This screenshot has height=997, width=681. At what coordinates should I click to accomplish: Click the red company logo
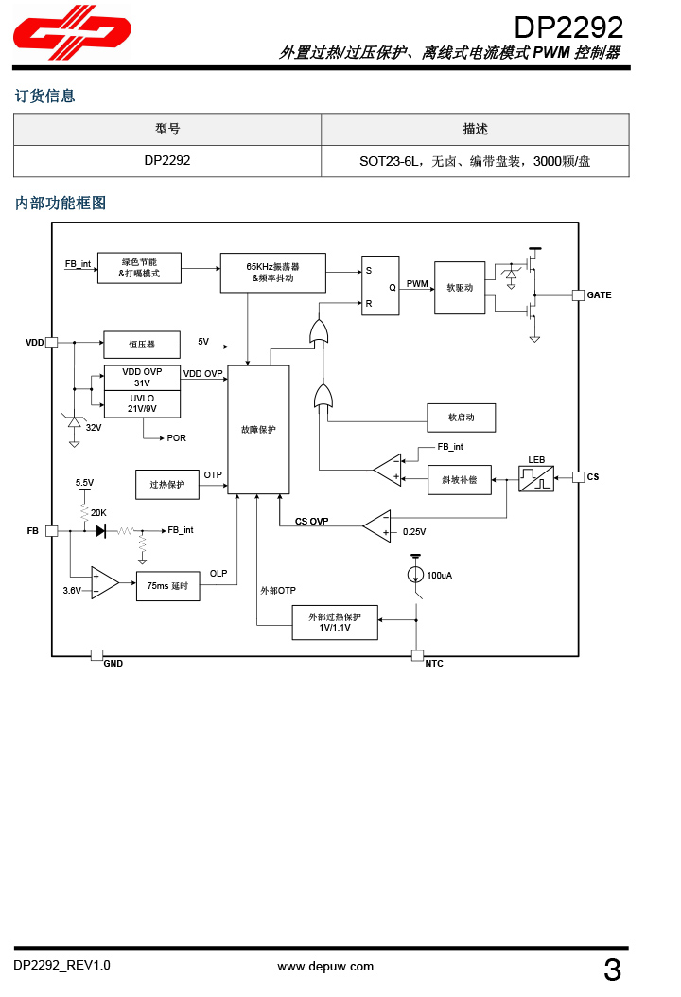72,34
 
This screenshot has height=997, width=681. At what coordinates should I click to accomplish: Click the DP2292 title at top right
568,26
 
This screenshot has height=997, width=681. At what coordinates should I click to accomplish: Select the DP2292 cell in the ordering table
167,161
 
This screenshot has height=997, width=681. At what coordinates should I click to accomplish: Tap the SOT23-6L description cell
475,161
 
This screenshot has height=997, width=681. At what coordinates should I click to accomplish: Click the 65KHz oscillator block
272,273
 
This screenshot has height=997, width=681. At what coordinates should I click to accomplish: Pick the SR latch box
379,286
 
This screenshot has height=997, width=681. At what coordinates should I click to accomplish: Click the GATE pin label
599,295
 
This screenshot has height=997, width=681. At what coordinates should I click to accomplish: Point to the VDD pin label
35,342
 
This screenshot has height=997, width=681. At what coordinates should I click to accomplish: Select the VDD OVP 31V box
142,377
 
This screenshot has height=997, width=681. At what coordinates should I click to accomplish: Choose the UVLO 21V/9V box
142,403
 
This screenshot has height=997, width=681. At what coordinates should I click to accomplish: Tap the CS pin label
593,477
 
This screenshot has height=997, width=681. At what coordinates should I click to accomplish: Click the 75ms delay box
168,586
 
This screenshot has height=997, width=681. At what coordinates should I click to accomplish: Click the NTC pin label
433,664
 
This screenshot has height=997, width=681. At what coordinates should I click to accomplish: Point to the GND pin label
113,664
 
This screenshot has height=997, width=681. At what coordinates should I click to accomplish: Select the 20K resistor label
98,512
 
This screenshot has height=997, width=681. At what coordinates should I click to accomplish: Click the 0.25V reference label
414,532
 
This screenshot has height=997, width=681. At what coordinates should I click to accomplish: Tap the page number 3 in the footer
612,970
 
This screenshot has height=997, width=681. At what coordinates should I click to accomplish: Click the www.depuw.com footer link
324,967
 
